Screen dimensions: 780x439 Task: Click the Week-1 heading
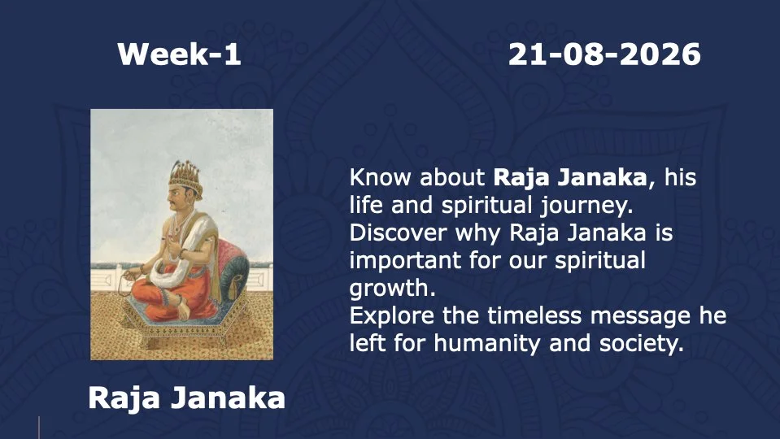[179, 54]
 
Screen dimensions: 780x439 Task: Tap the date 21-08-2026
[604, 54]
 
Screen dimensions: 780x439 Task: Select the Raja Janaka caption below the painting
[186, 398]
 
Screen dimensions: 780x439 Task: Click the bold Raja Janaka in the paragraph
[570, 178]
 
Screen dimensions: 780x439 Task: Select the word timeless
[534, 315]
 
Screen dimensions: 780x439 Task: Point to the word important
[405, 261]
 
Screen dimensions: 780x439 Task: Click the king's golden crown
[186, 177]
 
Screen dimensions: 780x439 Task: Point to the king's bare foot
[182, 310]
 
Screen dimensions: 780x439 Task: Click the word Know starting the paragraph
[380, 177]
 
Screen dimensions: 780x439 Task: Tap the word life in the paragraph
[366, 205]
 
